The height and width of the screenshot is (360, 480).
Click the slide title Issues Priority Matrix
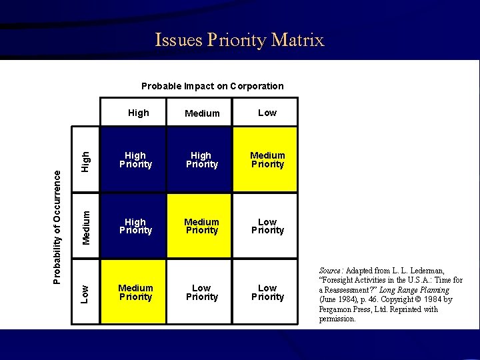(x=239, y=40)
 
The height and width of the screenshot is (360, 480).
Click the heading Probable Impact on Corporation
(x=212, y=86)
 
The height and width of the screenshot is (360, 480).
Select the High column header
(x=138, y=113)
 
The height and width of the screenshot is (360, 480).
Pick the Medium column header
(x=201, y=113)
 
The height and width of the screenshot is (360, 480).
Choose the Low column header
(x=267, y=113)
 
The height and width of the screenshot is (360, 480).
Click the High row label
(x=85, y=160)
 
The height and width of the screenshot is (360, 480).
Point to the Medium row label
(x=85, y=226)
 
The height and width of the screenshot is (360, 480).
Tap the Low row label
(x=85, y=292)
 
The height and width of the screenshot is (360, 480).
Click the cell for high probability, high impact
(x=135, y=160)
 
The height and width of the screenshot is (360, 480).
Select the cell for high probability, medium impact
(x=201, y=160)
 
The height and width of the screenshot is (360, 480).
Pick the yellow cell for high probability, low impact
(x=267, y=160)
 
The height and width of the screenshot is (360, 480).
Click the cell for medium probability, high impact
(x=135, y=226)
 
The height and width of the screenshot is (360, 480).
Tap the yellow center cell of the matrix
(x=201, y=226)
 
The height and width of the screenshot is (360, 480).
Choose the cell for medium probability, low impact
(x=267, y=226)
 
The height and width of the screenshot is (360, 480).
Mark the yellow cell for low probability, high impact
(x=135, y=292)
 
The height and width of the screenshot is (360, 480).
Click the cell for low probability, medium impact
(x=201, y=292)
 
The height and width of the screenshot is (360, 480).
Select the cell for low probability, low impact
(x=267, y=292)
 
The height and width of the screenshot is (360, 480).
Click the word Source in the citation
(x=330, y=271)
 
